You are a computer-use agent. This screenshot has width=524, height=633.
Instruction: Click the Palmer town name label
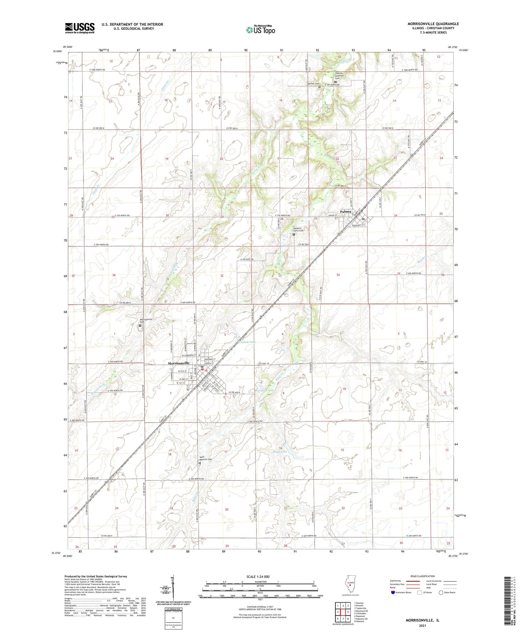coord(346,212)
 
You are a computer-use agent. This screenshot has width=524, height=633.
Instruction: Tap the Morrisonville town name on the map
coord(179,363)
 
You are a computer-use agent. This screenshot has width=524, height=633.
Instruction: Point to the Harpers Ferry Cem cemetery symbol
coord(293,235)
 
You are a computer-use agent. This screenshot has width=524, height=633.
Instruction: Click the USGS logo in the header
coord(80,28)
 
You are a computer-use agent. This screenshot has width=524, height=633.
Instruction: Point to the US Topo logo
coord(260,30)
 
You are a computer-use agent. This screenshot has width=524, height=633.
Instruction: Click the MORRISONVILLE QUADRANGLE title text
coord(433,24)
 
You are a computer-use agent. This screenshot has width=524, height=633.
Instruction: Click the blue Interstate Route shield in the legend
coord(393,592)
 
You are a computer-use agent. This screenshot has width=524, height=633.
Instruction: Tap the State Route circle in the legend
coord(441,592)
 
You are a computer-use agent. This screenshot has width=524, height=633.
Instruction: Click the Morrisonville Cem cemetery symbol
coord(140,326)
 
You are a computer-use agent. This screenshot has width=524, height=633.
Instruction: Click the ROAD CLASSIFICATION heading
coord(423,576)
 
